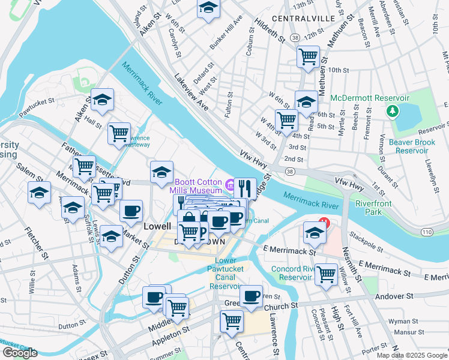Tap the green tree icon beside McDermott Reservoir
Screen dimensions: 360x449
coord(393,110)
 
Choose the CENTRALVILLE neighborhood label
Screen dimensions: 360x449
coord(303,19)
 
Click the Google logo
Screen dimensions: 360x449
coord(20,353)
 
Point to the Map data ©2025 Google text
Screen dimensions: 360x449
coord(411,355)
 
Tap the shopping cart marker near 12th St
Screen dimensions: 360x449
coord(308,57)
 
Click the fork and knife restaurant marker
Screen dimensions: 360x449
coord(245,188)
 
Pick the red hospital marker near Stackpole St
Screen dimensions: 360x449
coord(324,223)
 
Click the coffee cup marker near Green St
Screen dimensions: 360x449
coord(252,295)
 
